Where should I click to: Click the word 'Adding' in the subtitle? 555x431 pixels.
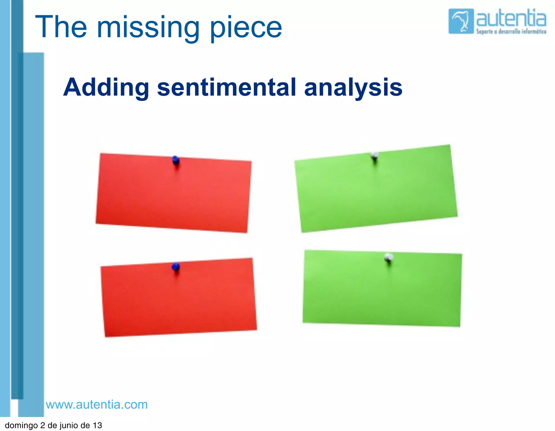coord(106,87)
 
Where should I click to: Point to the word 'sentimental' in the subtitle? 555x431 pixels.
coord(227,87)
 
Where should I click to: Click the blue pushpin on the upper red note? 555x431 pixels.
coord(176,160)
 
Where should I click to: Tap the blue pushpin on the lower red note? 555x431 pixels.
coord(176,267)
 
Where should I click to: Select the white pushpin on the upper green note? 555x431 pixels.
coord(375,155)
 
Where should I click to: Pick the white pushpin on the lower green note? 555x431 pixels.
coord(389,257)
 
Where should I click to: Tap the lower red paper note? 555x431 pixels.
coord(179,298)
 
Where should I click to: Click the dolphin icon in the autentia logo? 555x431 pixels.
coord(461,21)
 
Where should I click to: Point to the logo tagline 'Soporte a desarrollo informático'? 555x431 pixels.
coord(511,32)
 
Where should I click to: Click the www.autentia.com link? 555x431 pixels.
coord(97,404)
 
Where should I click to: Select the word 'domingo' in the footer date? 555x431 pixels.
coord(21,425)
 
